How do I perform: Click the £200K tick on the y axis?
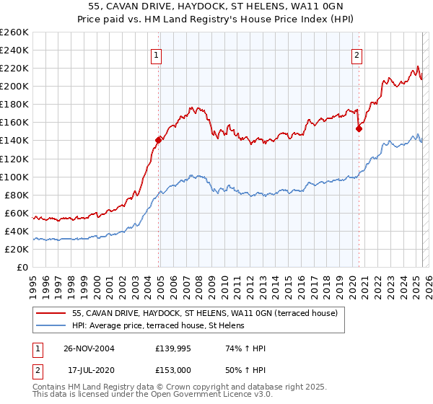click(x=14, y=86)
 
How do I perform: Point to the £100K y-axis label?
click(x=14, y=177)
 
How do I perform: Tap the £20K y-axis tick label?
click(x=17, y=249)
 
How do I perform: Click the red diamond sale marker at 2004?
click(x=159, y=140)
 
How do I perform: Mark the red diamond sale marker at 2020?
click(x=359, y=128)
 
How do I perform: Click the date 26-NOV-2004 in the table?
click(x=89, y=348)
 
